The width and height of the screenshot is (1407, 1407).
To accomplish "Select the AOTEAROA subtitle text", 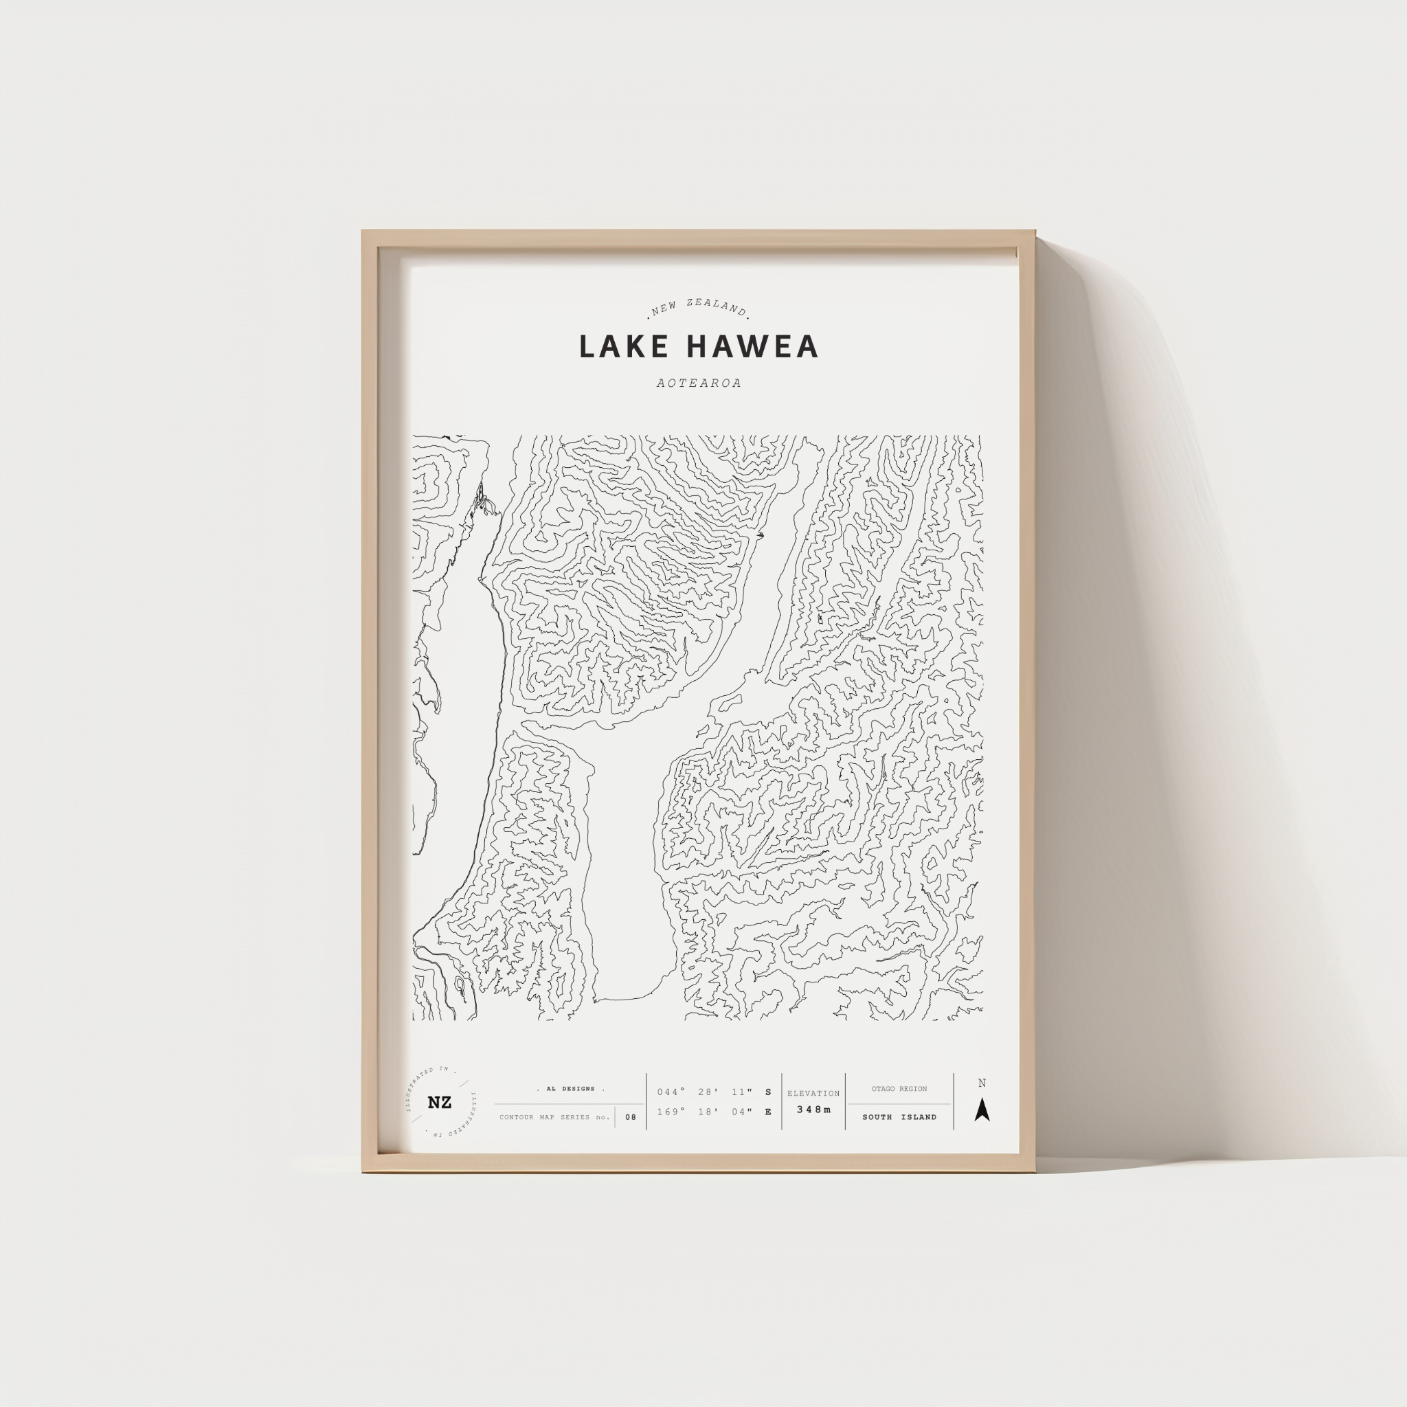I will click(x=699, y=383).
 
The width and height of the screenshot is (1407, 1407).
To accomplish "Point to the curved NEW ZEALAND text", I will click(x=699, y=307).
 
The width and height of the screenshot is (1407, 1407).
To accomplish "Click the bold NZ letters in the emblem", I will click(x=439, y=1103).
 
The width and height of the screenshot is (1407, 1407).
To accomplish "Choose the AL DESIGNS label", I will click(x=571, y=1089).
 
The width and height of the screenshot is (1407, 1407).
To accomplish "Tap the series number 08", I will click(x=631, y=1117).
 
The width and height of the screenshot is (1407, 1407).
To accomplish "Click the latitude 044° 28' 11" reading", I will click(x=704, y=1092).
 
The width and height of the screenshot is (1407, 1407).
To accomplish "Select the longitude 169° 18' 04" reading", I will click(x=704, y=1112).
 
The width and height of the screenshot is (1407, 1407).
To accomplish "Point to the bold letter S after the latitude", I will click(x=768, y=1092).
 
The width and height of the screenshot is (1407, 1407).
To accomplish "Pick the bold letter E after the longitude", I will click(x=768, y=1112).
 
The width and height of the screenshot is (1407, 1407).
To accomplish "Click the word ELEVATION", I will click(x=813, y=1093).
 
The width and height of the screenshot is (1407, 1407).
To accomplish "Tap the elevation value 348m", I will click(x=813, y=1110).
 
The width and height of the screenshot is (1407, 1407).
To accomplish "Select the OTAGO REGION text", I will click(x=899, y=1089).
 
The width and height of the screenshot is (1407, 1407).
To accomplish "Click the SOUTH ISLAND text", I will click(x=899, y=1117).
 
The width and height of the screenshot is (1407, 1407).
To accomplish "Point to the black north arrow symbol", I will click(x=982, y=1110).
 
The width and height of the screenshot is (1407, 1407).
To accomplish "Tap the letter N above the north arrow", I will click(x=982, y=1083).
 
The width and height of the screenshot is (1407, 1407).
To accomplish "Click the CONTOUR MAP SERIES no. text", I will click(x=555, y=1117).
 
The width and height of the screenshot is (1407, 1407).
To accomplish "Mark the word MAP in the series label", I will click(x=548, y=1117).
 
